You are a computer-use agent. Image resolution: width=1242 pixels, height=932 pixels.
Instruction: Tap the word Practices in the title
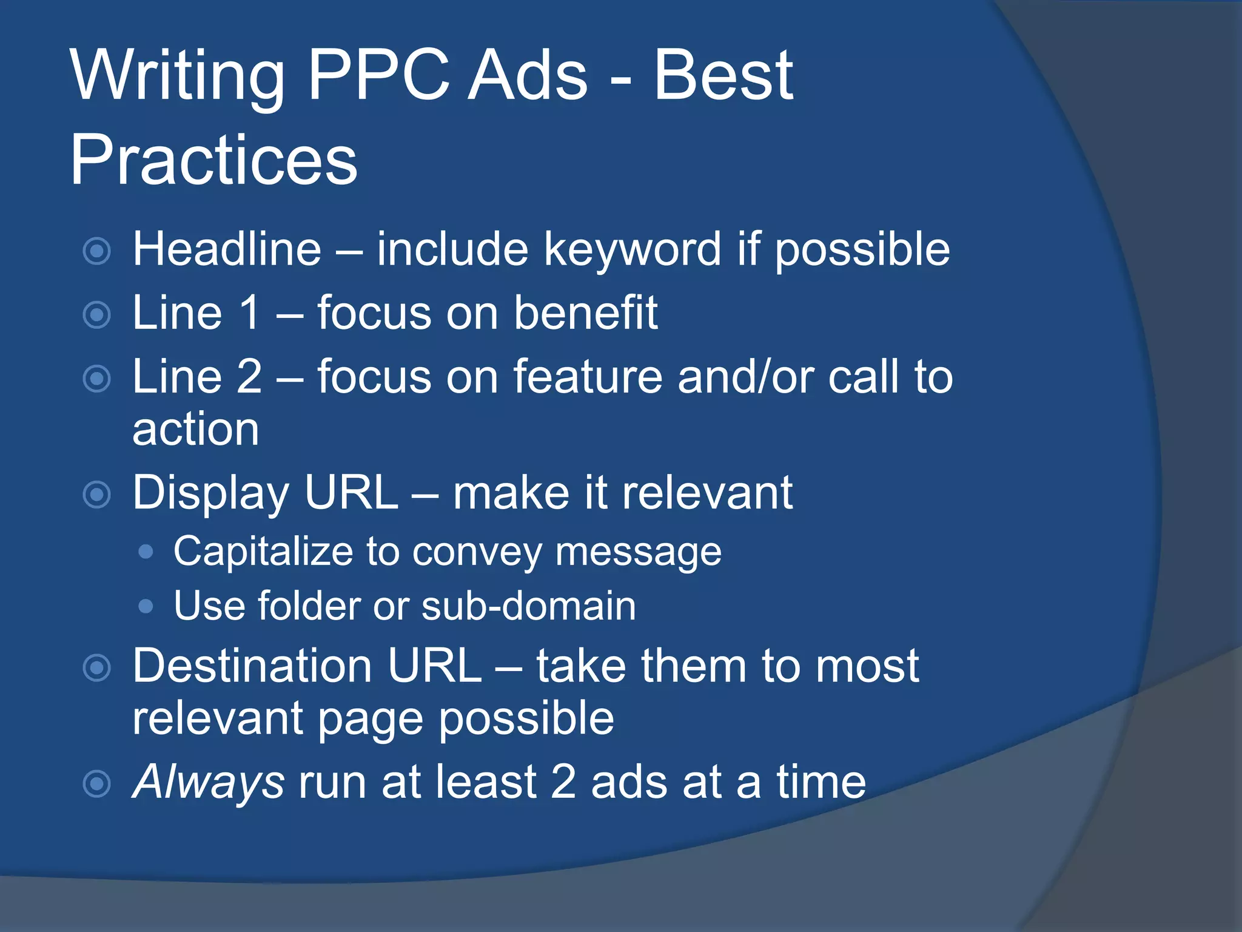pyautogui.click(x=213, y=160)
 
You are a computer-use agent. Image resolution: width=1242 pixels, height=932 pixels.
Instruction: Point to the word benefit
pyautogui.click(x=586, y=313)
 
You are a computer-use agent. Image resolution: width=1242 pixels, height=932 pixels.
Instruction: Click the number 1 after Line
pyautogui.click(x=249, y=313)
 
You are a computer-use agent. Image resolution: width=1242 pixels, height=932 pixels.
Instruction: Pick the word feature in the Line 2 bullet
pyautogui.click(x=588, y=377)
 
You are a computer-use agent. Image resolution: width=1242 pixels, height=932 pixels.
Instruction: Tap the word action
pyautogui.click(x=196, y=429)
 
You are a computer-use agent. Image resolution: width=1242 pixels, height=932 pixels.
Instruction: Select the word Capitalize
pyautogui.click(x=263, y=552)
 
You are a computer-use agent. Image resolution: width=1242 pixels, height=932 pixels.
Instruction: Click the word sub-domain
pyautogui.click(x=528, y=606)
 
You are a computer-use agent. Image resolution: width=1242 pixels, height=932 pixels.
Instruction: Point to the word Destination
pyautogui.click(x=252, y=666)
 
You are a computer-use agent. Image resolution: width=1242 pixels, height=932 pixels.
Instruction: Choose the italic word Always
pyautogui.click(x=208, y=782)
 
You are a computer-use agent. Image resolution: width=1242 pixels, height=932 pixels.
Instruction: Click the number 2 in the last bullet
pyautogui.click(x=563, y=782)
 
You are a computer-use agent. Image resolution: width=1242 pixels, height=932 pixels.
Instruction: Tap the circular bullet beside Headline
pyautogui.click(x=97, y=251)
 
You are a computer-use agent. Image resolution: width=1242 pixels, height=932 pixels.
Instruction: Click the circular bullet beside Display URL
pyautogui.click(x=97, y=495)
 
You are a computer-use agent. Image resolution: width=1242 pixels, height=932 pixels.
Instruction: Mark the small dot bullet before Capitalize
pyautogui.click(x=146, y=552)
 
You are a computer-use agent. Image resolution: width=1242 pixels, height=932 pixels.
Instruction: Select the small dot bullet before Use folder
pyautogui.click(x=146, y=606)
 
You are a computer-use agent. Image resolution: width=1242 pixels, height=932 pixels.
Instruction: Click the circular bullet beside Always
pyautogui.click(x=97, y=783)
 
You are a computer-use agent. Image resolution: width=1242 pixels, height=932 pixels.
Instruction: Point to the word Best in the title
pyautogui.click(x=723, y=75)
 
